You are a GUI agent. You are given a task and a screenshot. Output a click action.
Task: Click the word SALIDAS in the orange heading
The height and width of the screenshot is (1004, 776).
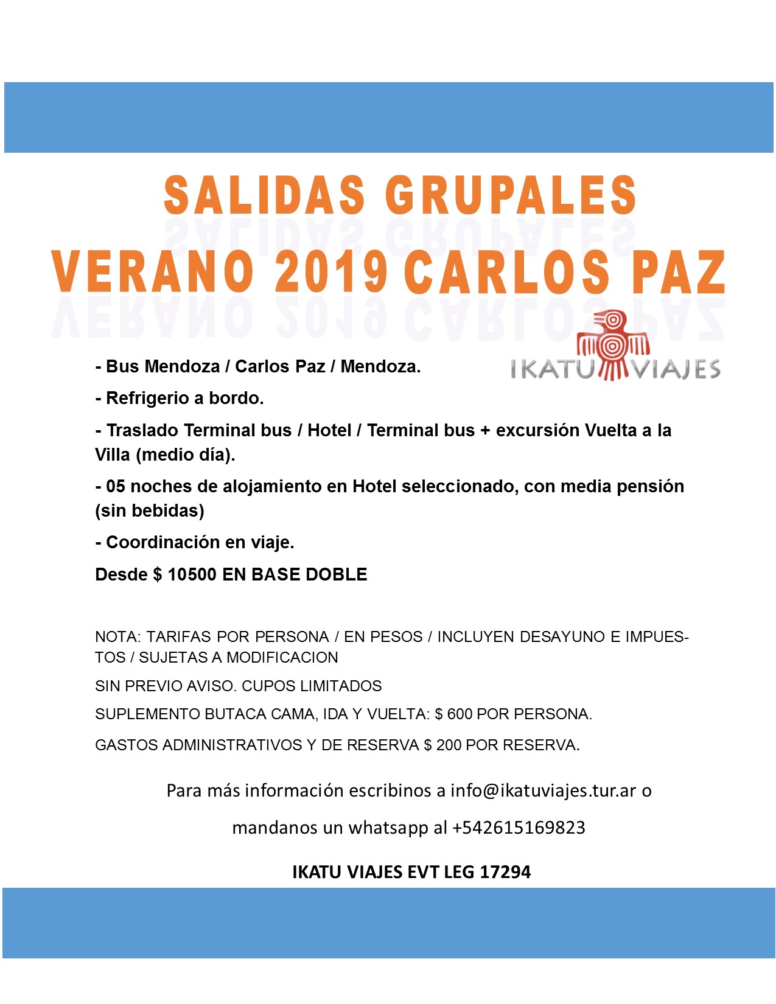[264, 195]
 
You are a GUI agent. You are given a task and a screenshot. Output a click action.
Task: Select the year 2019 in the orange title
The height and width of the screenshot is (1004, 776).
[331, 272]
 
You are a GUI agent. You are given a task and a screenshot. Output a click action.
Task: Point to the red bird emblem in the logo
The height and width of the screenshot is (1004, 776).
[613, 346]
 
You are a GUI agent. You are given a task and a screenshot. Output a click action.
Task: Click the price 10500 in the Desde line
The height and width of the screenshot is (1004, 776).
[192, 574]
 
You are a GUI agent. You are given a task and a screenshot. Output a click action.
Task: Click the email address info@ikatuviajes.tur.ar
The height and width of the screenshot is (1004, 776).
[544, 790]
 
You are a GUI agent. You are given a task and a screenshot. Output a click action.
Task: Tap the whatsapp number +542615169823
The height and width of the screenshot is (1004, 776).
[519, 828]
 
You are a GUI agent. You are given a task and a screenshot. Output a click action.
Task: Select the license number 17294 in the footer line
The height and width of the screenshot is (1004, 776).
[505, 872]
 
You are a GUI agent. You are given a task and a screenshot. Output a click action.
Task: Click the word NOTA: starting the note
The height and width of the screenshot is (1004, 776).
[118, 636]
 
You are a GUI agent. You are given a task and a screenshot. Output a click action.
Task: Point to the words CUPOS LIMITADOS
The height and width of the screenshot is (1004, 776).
[312, 686]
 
